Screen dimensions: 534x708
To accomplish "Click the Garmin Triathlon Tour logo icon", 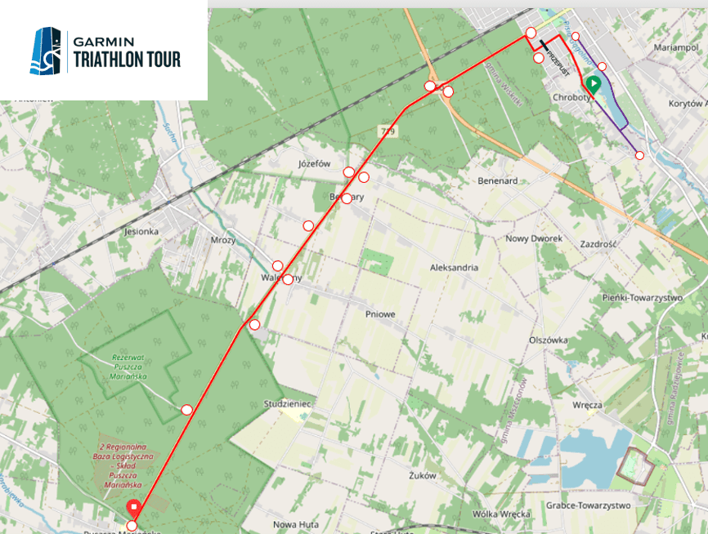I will point(46,51).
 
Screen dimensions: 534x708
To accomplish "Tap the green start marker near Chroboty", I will point(593,83).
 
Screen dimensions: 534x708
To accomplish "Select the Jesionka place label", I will point(140,231).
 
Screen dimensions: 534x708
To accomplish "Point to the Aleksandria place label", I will point(454,268).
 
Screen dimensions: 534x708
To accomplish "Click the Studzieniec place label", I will point(285,404).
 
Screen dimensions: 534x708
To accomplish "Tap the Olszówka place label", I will point(548,340).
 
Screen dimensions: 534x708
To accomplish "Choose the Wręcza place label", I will point(588,404).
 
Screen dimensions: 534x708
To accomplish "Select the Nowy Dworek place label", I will point(534,238).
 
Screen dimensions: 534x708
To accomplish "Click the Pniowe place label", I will point(380,313).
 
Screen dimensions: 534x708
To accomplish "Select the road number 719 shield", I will point(387,131).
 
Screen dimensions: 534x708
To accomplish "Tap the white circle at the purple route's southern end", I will point(639,155).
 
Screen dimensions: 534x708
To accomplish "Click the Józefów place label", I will point(314,163).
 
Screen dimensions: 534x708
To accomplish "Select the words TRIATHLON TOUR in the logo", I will point(127,60).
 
